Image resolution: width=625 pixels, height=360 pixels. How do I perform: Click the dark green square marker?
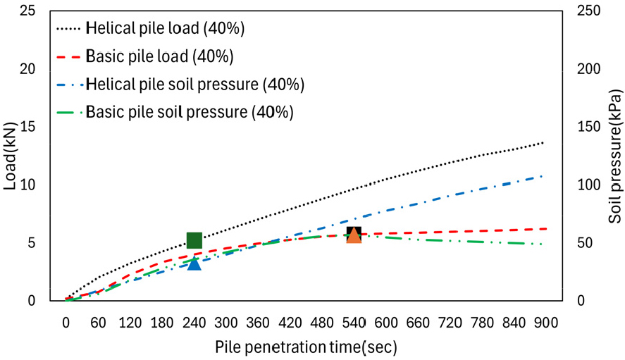(194, 241)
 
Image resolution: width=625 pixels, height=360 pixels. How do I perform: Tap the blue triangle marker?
(194, 263)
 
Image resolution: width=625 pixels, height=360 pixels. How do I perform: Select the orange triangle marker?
(354, 235)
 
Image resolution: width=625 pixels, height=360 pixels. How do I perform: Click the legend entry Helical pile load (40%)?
(165, 29)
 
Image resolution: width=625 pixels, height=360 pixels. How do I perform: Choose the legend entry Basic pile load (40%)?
(159, 56)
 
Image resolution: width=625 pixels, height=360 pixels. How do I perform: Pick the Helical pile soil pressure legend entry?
(194, 85)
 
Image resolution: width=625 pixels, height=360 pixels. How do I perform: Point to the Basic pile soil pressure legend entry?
(190, 112)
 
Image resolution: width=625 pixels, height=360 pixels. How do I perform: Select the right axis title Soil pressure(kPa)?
(615, 156)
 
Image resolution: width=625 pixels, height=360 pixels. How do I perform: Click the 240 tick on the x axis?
(194, 323)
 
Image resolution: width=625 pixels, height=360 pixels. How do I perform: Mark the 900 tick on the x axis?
(546, 323)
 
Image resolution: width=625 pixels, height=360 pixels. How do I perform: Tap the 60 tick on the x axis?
(98, 323)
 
